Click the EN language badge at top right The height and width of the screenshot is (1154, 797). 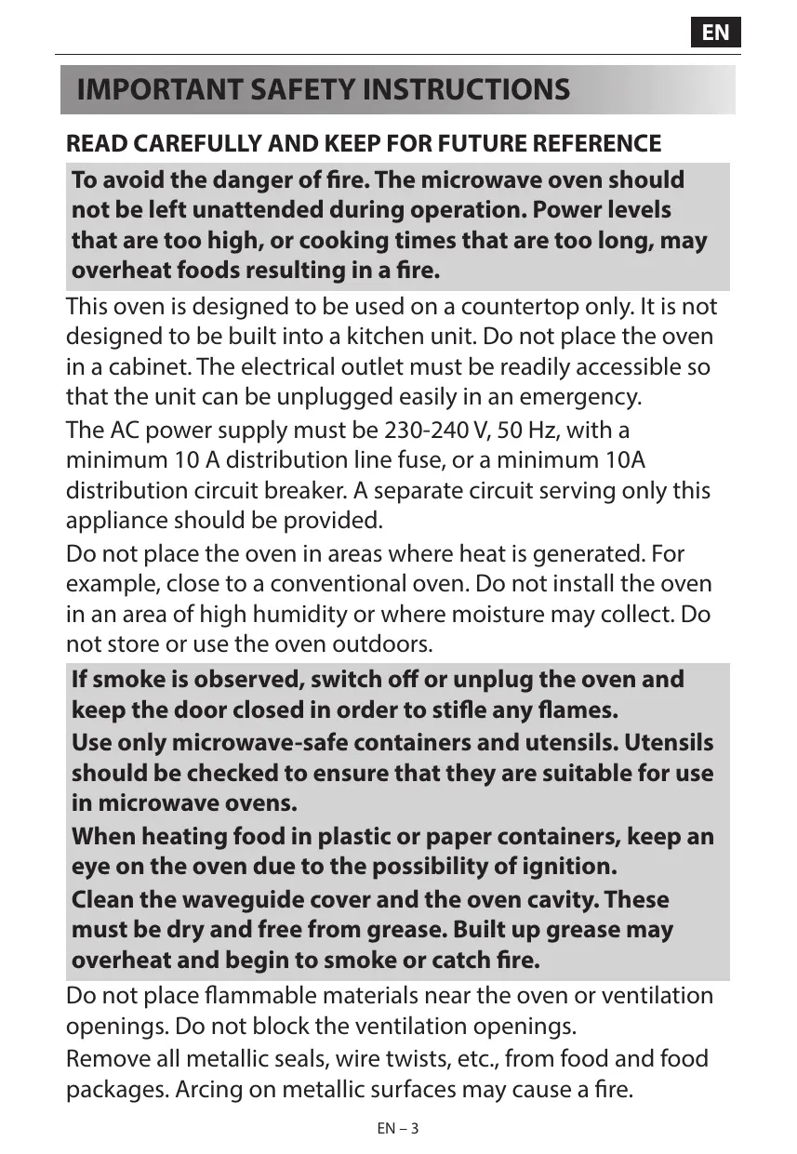715,33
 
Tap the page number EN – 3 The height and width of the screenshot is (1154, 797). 398,1129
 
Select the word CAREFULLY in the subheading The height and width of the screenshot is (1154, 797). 194,144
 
